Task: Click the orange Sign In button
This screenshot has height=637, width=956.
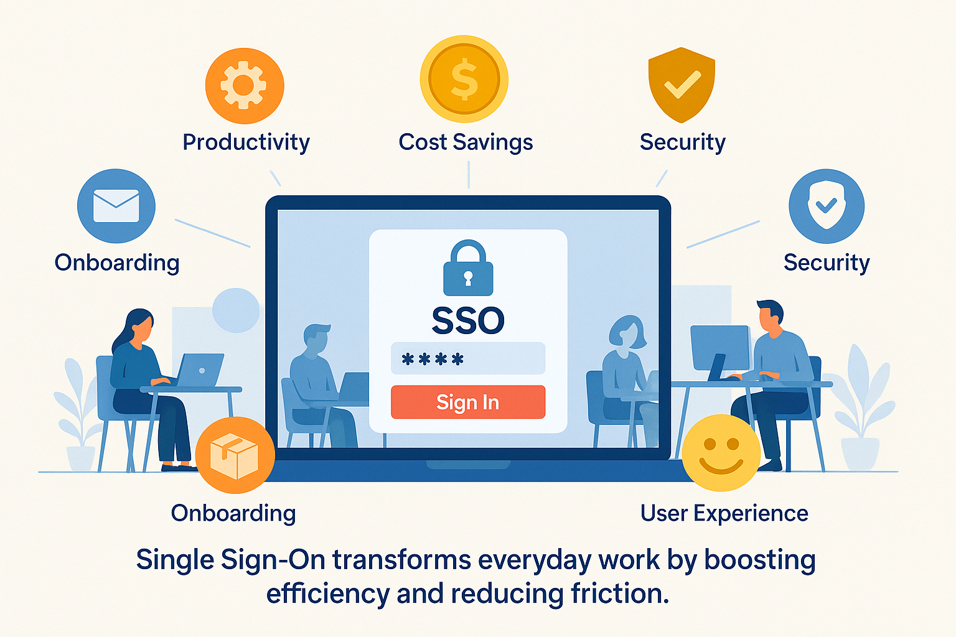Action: pyautogui.click(x=468, y=402)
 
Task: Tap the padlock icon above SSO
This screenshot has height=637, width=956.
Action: pyautogui.click(x=468, y=269)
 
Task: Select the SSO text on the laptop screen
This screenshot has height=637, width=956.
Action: pyautogui.click(x=468, y=321)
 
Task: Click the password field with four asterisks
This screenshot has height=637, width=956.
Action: pyautogui.click(x=468, y=359)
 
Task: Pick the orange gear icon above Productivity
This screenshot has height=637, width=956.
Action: pyautogui.click(x=245, y=86)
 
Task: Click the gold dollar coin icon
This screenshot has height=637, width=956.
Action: pyautogui.click(x=464, y=80)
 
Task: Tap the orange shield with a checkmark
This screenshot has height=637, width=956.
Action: pyautogui.click(x=682, y=85)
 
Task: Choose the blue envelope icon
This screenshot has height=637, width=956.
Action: pyautogui.click(x=116, y=206)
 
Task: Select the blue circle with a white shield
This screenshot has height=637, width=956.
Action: pyautogui.click(x=826, y=206)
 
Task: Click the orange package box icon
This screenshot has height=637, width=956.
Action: pyautogui.click(x=235, y=456)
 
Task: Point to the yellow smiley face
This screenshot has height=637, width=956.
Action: pyautogui.click(x=721, y=453)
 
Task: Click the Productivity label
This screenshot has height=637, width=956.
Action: pyautogui.click(x=246, y=142)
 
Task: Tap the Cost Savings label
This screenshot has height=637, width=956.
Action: pyautogui.click(x=466, y=142)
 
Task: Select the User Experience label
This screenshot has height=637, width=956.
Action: pyautogui.click(x=724, y=513)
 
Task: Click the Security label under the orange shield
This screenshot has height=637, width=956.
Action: pyautogui.click(x=682, y=142)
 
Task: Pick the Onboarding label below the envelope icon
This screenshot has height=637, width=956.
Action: pyautogui.click(x=117, y=263)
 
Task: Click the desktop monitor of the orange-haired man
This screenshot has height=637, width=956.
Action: pyautogui.click(x=719, y=348)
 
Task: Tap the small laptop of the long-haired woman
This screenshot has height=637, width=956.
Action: pyautogui.click(x=200, y=370)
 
